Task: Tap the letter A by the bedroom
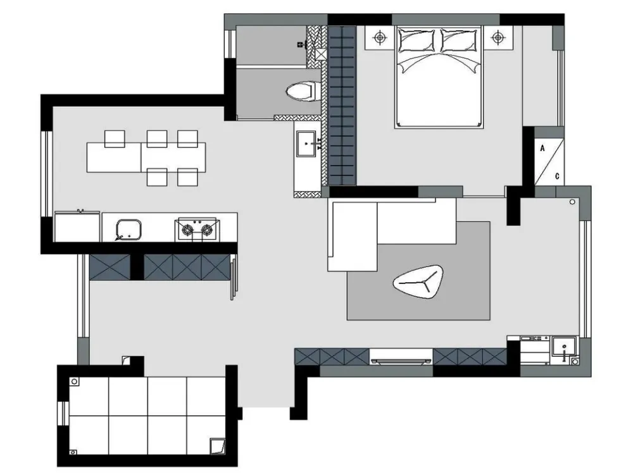pyautogui.click(x=542, y=149)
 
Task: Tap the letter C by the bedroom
pyautogui.click(x=557, y=176)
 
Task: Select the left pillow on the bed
pyautogui.click(x=416, y=40)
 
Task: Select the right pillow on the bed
pyautogui.click(x=460, y=40)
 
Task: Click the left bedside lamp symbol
pyautogui.click(x=379, y=38)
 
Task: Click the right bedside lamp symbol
pyautogui.click(x=498, y=38)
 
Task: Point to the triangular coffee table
pyautogui.click(x=418, y=281)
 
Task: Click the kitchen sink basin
pyautogui.click(x=128, y=230)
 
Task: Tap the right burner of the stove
pyautogui.click(x=207, y=230)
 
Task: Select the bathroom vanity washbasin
pyautogui.click(x=306, y=144)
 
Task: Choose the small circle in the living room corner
pyautogui.click(x=572, y=202)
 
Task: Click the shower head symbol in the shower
pyautogui.click(x=301, y=44)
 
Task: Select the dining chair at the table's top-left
pyautogui.click(x=115, y=139)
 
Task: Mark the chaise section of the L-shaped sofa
pyautogui.click(x=353, y=237)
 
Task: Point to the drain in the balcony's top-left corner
pyautogui.click(x=74, y=381)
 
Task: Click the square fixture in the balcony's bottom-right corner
pyautogui.click(x=216, y=447)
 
